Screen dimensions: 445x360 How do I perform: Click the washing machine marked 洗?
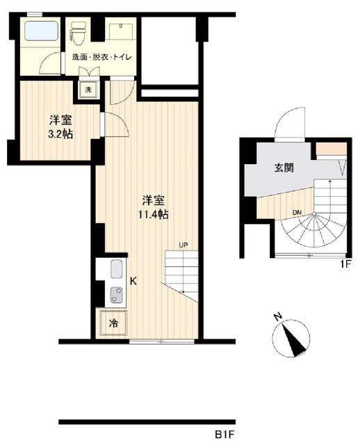point(88,88)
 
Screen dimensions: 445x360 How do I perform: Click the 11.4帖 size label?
point(153,215)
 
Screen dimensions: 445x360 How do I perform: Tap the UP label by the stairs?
point(183,245)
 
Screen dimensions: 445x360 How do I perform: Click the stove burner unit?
point(115,295)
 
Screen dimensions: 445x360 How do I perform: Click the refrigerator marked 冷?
point(113,324)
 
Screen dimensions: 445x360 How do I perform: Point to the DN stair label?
point(297,212)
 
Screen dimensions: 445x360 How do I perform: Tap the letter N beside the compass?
point(277,317)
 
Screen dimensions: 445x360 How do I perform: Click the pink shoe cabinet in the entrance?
point(326,148)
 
